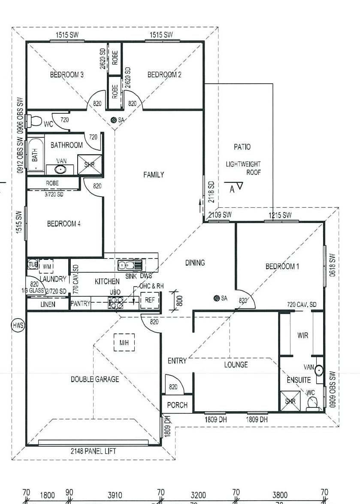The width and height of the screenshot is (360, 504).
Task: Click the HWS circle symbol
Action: click(18, 325)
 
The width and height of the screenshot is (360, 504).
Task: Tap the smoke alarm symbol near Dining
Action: click(217, 298)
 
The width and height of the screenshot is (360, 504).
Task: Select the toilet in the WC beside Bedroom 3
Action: click(34, 121)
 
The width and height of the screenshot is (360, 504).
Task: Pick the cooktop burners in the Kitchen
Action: click(115, 302)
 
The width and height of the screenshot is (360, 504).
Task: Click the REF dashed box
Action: click(150, 301)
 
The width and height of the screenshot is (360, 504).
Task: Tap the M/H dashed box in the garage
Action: click(124, 342)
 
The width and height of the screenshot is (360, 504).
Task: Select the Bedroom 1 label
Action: click(282, 266)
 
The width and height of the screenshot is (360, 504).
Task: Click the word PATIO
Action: click(242, 147)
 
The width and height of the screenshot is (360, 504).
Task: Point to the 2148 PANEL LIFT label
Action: click(93, 451)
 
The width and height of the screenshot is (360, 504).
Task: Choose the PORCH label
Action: click(177, 405)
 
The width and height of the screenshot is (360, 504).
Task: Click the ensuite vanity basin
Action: click(318, 370)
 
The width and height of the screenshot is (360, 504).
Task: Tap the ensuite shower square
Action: click(290, 401)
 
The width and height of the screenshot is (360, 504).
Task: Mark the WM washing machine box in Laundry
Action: click(46, 266)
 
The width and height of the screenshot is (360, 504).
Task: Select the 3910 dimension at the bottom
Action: click(115, 495)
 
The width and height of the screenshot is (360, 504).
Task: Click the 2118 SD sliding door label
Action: click(211, 192)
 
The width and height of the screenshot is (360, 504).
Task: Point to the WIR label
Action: click(303, 336)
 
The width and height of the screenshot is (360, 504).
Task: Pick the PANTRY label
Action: click(80, 303)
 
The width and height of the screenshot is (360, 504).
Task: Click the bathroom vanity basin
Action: click(60, 169)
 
